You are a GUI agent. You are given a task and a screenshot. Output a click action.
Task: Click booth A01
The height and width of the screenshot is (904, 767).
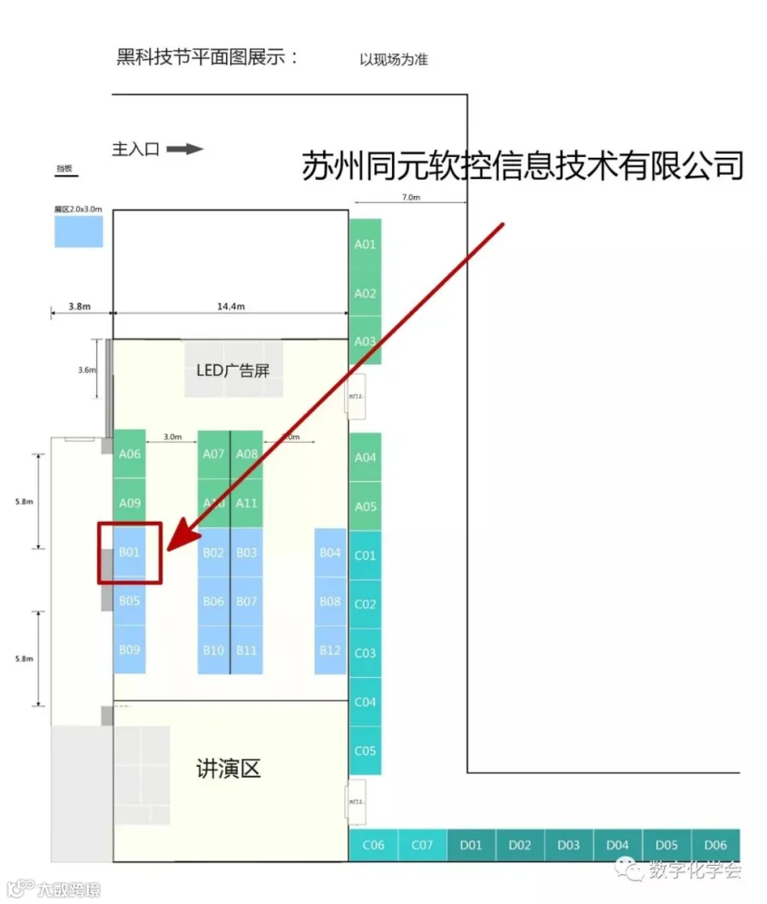pos(365,244)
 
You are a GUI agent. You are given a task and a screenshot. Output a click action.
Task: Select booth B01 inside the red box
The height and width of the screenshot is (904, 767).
pos(130,553)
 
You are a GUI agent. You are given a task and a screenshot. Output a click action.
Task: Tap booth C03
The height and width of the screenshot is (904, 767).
pos(365,653)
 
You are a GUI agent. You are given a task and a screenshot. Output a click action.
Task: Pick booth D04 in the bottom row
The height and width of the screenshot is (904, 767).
pos(617,845)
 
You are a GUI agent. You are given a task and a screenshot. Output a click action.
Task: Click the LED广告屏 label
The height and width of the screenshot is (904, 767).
pos(233,369)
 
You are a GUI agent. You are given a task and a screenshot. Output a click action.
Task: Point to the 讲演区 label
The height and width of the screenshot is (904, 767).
pos(228,769)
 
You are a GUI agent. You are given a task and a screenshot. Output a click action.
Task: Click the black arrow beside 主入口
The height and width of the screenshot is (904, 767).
pos(184,149)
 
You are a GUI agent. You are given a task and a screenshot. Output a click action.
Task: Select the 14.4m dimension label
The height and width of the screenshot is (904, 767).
pos(230,307)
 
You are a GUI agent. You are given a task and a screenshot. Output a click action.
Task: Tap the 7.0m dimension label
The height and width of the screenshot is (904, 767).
pos(410,197)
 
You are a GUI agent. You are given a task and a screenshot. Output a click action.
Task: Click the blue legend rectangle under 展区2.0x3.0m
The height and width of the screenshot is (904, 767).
pos(78,231)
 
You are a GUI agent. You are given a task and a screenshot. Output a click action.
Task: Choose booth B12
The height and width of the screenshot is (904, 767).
pos(330,650)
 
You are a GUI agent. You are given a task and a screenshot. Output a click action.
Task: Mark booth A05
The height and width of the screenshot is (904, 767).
pos(365,507)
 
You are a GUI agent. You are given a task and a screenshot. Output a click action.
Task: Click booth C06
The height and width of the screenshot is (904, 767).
pos(373,845)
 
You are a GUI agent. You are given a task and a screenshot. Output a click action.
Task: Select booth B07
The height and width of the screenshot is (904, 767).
pos(246,601)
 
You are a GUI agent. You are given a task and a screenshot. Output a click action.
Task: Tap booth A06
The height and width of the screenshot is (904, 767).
pos(130,454)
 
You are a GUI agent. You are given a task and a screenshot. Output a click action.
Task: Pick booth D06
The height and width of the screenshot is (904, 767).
pos(715,845)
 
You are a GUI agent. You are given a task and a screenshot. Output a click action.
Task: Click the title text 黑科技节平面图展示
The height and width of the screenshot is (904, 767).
pos(207,58)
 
